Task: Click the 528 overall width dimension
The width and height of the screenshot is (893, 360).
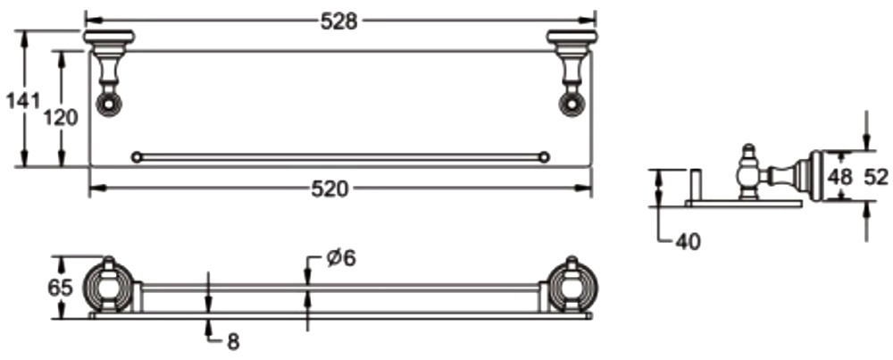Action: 338,21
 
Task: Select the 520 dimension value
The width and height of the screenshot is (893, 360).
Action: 330,189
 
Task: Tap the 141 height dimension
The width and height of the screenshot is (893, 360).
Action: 23,101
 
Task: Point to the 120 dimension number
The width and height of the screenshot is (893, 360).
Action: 61,118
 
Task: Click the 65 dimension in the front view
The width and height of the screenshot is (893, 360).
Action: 60,288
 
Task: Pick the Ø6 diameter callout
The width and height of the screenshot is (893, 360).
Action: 341,258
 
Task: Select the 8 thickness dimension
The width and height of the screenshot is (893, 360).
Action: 233,341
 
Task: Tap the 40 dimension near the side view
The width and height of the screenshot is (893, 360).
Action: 688,242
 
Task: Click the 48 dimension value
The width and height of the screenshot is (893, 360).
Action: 840,177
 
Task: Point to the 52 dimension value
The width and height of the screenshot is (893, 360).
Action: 876,177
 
